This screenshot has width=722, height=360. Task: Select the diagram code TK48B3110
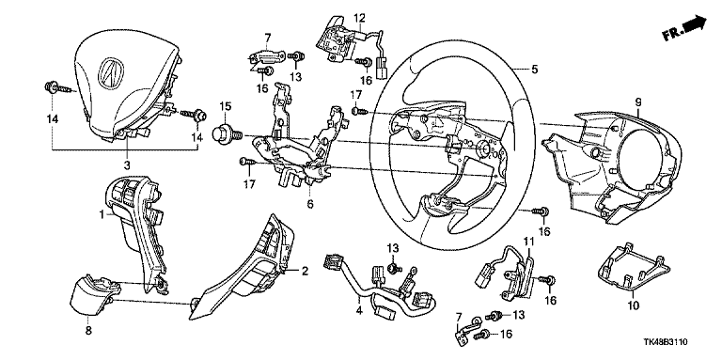pos(667,342)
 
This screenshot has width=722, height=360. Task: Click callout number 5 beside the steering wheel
pos(534,70)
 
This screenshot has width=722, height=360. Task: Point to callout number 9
pos(638,102)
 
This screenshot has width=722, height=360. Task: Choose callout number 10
pos(633,305)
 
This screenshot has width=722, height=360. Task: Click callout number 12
pos(359,18)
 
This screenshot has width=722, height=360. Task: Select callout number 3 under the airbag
pos(128,164)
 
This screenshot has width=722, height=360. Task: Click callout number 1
pos(102,214)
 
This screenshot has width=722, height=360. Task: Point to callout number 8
pos(89,330)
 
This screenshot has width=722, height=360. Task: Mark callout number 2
pos(305,271)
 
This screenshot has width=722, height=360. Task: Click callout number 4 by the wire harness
pos(360,312)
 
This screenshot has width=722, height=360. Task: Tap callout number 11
pos(527,241)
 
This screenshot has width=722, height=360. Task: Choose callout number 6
pos(310,203)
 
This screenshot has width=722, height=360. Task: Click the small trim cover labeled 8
pos(94,295)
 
